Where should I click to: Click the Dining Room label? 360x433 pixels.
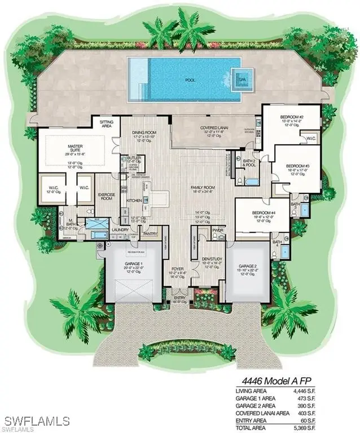pyautogui.click(x=143, y=132)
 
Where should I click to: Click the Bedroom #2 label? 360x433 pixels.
pyautogui.click(x=292, y=118)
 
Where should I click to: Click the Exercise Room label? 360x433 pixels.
pyautogui.click(x=107, y=197)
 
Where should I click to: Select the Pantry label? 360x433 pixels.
pyautogui.click(x=150, y=233)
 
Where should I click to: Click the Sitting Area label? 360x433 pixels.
pyautogui.click(x=107, y=123)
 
